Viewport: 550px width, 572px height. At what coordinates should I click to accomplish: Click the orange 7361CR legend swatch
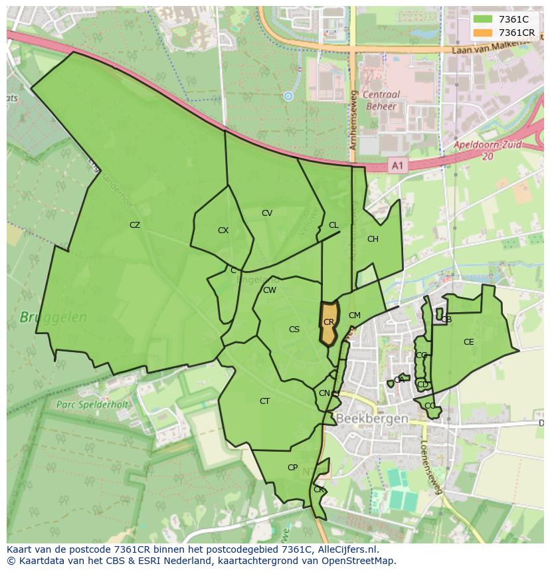[483, 33]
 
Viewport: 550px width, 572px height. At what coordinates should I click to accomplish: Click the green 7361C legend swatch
[483, 19]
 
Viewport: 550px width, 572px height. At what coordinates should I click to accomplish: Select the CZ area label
[135, 225]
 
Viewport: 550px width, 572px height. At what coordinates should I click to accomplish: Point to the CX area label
[223, 231]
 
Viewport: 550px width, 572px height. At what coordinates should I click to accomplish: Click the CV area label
[267, 213]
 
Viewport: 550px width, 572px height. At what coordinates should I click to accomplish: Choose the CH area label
[373, 239]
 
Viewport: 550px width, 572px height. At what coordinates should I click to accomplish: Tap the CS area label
[294, 330]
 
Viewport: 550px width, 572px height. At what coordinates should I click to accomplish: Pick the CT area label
[265, 401]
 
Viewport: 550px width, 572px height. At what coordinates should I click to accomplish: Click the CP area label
[292, 468]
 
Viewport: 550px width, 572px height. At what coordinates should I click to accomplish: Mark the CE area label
[469, 342]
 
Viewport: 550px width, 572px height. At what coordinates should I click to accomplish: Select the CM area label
[355, 316]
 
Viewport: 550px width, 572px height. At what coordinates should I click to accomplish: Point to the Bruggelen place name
[53, 318]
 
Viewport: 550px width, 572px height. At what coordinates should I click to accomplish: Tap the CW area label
[270, 290]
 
